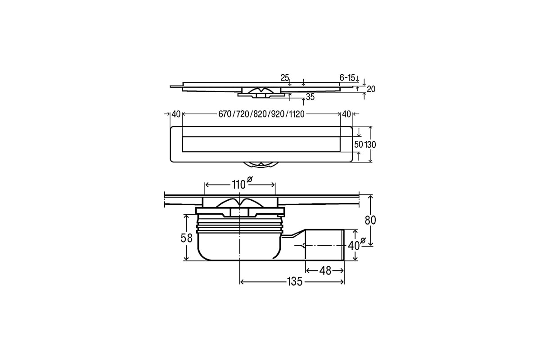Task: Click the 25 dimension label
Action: (x=285, y=78)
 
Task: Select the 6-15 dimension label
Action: (x=347, y=78)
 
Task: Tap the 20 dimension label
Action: (x=371, y=89)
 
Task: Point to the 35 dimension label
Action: (x=310, y=97)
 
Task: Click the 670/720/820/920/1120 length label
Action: (x=261, y=114)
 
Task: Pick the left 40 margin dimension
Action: (x=176, y=114)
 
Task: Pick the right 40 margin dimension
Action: (x=346, y=114)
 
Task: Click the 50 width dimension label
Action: (x=359, y=144)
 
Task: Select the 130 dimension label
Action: (x=370, y=145)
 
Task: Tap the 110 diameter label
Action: (x=238, y=185)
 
